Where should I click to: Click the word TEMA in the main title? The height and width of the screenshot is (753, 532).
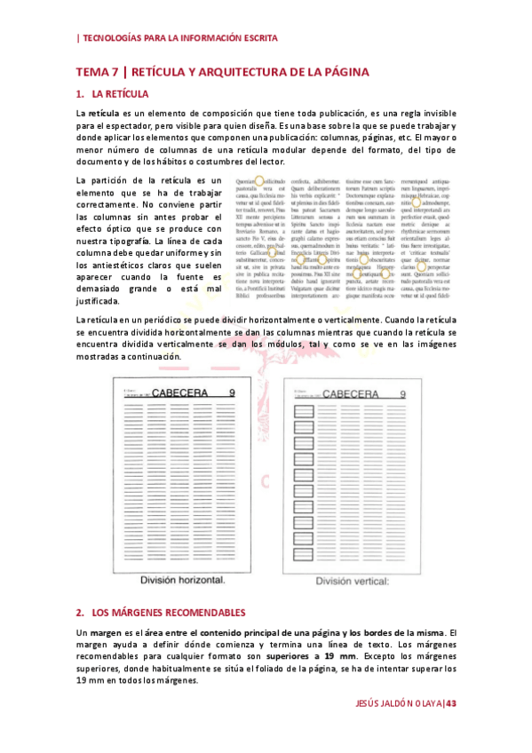pos(91,71)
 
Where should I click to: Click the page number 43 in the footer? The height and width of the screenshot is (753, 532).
pos(450,703)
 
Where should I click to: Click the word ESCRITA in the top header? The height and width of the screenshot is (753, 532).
pos(256,38)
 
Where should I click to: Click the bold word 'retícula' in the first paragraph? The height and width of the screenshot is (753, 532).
pos(103,114)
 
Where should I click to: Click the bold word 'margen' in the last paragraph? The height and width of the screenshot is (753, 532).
pos(102,631)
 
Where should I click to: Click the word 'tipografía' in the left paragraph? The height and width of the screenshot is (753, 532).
pos(128,241)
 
